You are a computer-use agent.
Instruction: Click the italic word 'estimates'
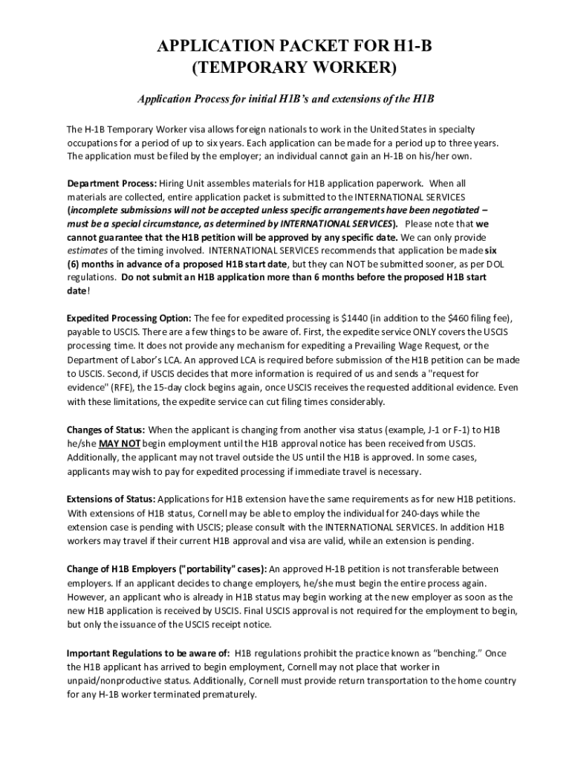tap(87, 250)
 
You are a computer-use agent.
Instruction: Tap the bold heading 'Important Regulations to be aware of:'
tap(148, 652)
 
